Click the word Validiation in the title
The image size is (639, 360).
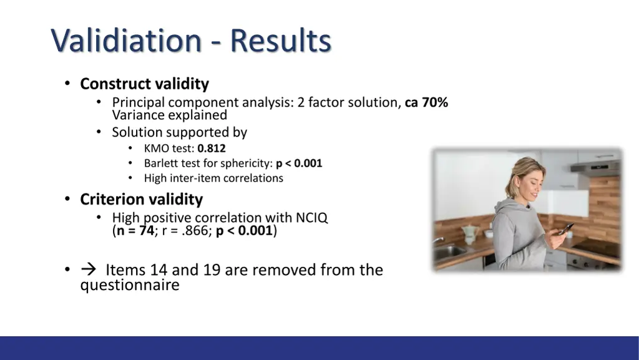coord(125,41)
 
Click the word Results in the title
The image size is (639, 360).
coord(280,41)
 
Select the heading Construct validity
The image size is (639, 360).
coord(144,84)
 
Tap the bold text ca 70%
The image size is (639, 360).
coord(426,102)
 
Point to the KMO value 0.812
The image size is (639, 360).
coord(212,148)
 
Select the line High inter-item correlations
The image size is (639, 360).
coord(213,178)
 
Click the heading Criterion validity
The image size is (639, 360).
coord(142,200)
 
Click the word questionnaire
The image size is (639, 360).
coord(130,286)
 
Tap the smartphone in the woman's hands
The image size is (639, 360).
coord(565,229)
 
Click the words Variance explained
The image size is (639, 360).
coord(170,115)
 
